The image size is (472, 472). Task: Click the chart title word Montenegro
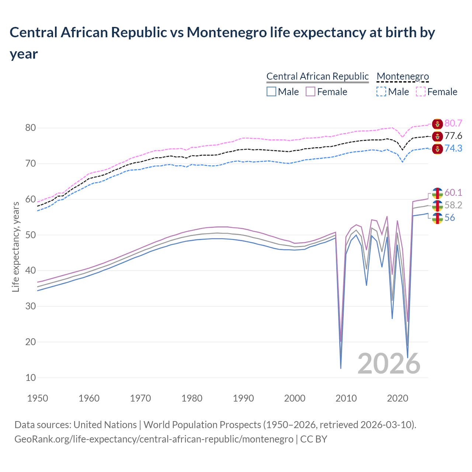226,32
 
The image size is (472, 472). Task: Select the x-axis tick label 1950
38,398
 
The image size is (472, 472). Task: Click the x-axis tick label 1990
243,398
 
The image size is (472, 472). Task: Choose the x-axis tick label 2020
398,398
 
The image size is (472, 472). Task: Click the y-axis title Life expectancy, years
15,247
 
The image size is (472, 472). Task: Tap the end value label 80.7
453,124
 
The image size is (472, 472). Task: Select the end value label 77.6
453,136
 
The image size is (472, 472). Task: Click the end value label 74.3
453,149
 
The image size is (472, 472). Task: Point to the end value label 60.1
453,193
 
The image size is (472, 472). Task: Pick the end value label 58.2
453,205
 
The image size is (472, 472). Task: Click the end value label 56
450,218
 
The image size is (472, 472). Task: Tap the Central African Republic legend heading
317,76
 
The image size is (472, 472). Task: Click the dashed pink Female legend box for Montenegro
421,91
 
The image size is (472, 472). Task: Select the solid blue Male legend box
271,91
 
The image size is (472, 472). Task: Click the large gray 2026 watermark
389,364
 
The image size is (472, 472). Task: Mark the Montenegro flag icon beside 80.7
437,124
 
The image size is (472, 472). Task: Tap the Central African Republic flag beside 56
437,218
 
